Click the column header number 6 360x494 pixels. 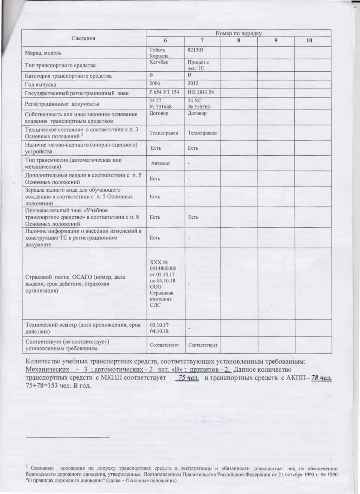click(165, 41)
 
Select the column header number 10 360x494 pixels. click(309, 41)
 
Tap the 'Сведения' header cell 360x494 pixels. click(83, 38)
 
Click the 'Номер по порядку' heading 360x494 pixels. click(238, 33)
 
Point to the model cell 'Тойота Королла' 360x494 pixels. click(159, 53)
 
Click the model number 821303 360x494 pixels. click(196, 50)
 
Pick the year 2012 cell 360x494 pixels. click(193, 84)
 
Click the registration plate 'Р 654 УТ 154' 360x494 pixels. click(164, 92)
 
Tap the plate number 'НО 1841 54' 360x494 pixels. click(201, 92)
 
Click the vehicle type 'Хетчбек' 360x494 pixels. click(159, 63)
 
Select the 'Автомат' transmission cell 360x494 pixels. click(160, 164)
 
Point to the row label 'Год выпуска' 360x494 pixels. click(40, 85)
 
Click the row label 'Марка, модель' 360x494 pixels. click(43, 53)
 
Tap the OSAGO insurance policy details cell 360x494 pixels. click(163, 284)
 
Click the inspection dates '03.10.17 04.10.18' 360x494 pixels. click(159, 328)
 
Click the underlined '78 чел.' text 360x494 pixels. click(321, 378)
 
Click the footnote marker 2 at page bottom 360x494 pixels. click(27, 466)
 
